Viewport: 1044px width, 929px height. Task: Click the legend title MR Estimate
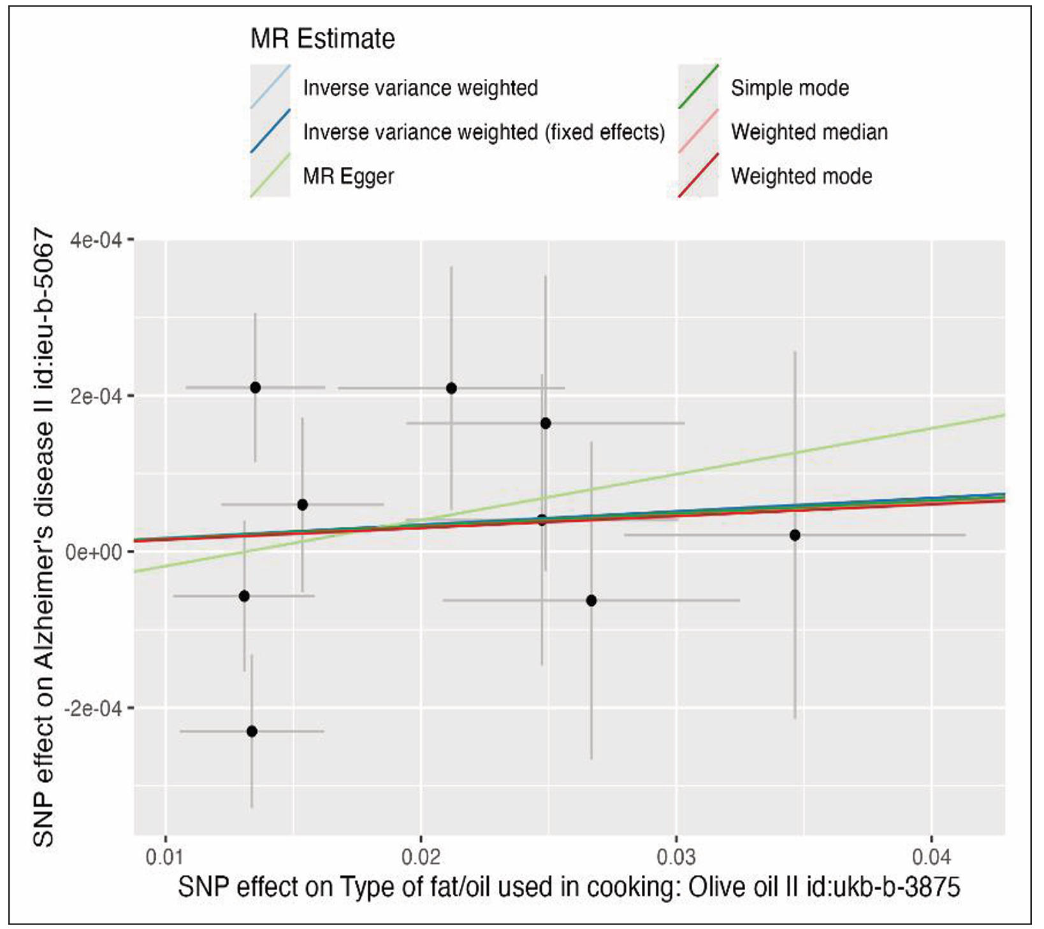(x=323, y=39)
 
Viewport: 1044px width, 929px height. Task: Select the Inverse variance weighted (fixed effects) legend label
(x=484, y=132)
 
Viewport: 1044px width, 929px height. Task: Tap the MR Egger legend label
(x=348, y=176)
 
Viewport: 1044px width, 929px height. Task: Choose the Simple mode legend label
(x=790, y=88)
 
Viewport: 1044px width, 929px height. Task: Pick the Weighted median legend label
(x=809, y=132)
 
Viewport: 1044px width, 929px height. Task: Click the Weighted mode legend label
(x=801, y=176)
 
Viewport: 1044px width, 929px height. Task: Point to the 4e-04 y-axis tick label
(x=96, y=240)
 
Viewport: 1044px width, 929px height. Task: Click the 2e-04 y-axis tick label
(x=96, y=396)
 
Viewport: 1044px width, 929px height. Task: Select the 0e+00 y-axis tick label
(x=94, y=552)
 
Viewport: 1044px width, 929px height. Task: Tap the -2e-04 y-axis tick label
(x=93, y=708)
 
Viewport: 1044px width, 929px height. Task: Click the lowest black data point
(x=252, y=731)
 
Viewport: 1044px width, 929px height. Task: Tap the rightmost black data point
(x=795, y=535)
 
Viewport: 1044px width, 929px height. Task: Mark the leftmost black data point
(x=244, y=596)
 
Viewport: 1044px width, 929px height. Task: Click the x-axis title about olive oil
(x=569, y=887)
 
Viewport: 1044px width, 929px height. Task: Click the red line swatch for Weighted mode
(x=699, y=176)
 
